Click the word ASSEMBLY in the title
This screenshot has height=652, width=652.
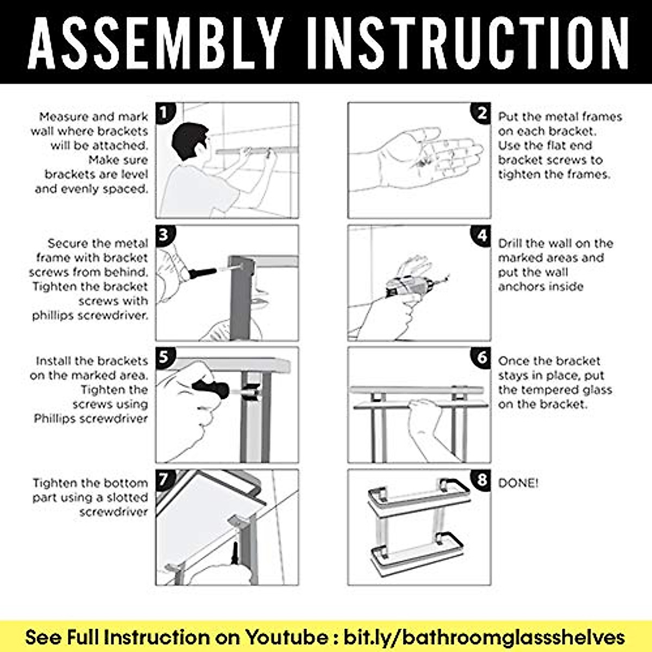point(155,42)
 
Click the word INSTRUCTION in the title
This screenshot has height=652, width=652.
point(467,42)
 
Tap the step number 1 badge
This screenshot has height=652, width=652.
point(165,112)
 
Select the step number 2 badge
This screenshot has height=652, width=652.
point(480,113)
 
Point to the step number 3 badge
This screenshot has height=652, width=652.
point(165,235)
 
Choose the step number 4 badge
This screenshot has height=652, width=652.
point(480,235)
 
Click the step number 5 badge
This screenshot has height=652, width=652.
point(165,358)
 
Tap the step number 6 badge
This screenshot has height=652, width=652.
point(480,358)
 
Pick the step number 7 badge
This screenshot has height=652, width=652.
point(165,479)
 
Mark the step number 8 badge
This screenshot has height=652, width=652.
point(480,480)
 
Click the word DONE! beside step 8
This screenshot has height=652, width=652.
point(518,483)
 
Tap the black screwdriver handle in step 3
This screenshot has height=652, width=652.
point(202,273)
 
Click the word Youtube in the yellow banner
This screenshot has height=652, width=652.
point(286,637)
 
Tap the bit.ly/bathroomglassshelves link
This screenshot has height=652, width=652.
point(484,638)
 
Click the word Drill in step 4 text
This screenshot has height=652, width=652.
point(511,243)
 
